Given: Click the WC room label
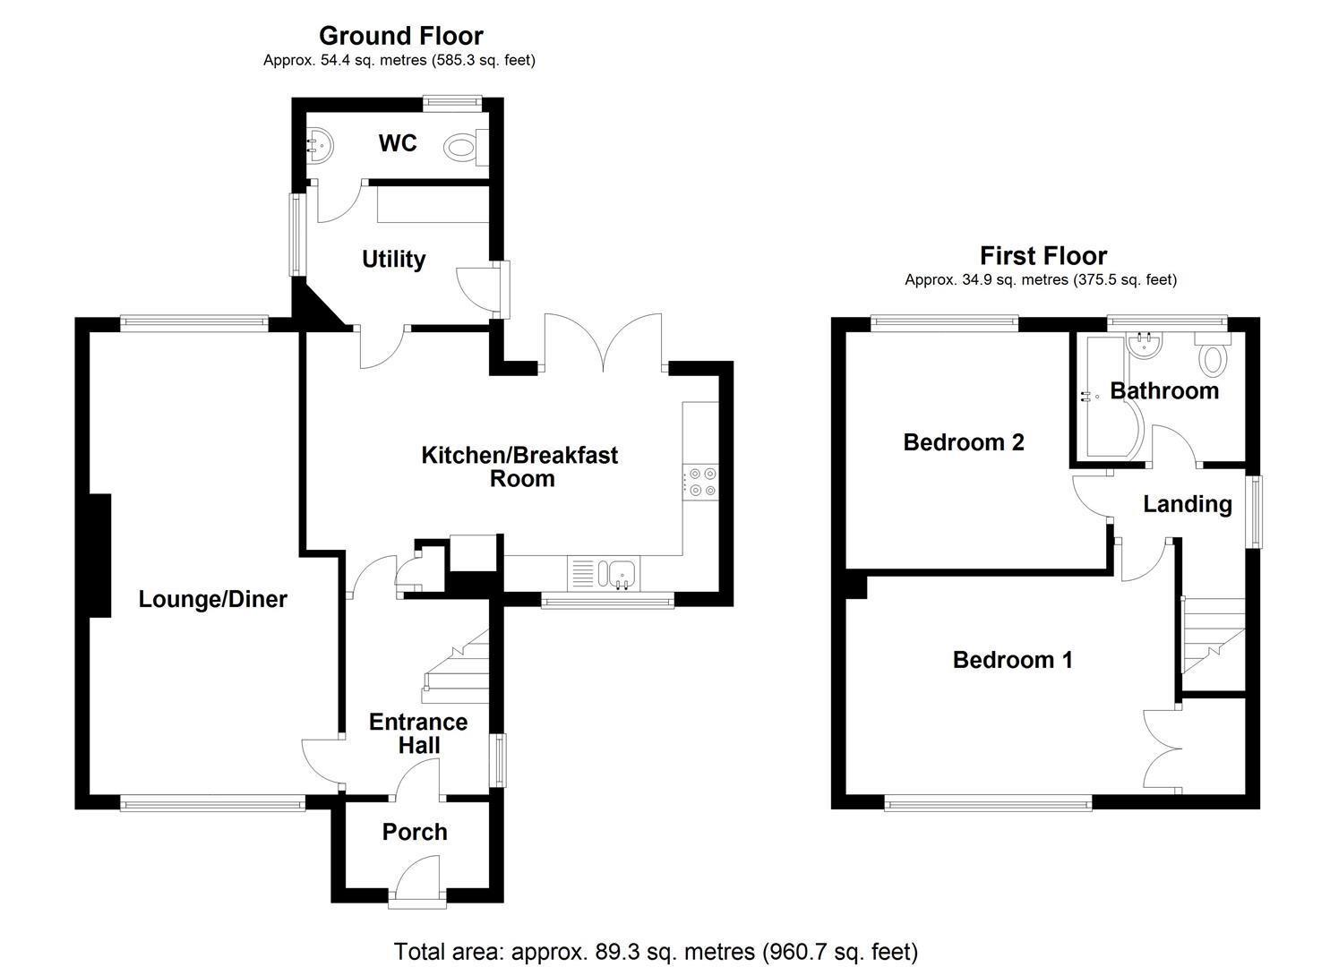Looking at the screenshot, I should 397,143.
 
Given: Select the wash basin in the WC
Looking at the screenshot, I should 320,143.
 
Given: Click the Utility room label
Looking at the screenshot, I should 393,260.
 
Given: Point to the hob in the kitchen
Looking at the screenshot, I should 699,481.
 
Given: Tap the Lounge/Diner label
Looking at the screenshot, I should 212,599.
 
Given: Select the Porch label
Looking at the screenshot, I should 414,832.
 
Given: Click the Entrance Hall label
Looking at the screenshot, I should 418,733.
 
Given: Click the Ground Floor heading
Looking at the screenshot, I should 400,36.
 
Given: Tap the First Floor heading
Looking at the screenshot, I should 1043,256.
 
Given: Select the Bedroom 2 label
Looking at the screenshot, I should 964,442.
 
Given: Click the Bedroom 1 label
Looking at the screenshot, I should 1012,660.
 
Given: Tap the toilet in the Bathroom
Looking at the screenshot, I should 1214,358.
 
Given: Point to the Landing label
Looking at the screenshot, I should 1187,504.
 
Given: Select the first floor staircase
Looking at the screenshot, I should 1214,640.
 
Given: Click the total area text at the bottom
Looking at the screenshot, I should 656,951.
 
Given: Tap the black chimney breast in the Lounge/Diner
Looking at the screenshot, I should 99,555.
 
